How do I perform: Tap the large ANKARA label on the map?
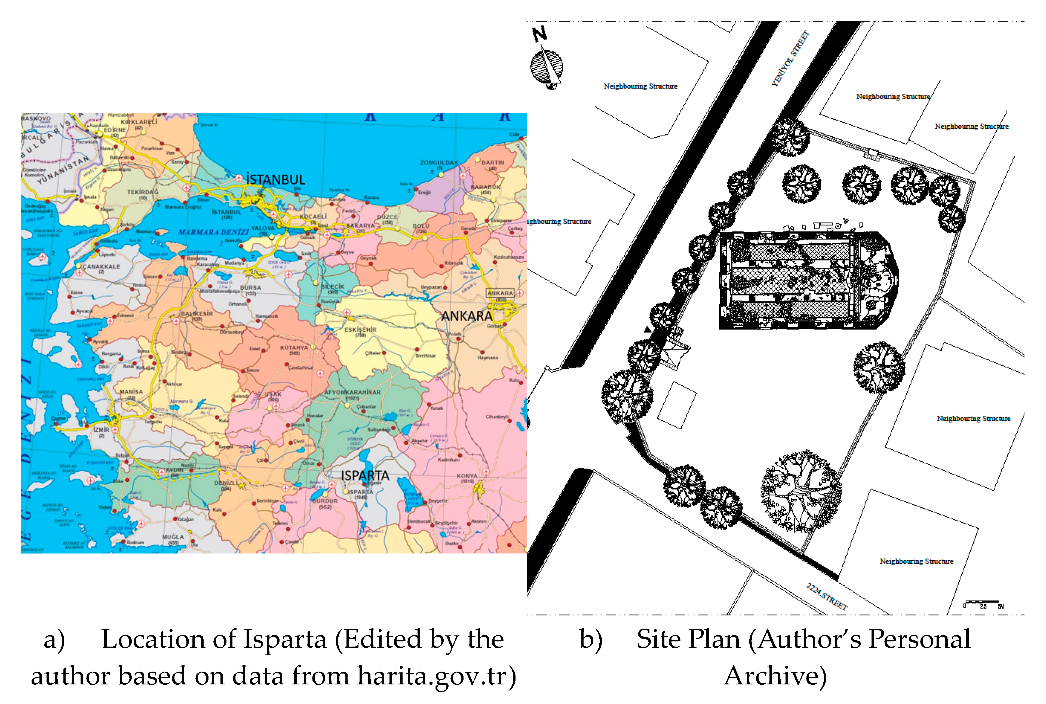pos(467,316)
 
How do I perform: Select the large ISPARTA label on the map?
pos(365,475)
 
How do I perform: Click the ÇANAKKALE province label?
pos(101,267)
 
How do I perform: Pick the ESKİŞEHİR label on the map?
pos(360,330)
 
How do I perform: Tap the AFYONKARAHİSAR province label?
pos(352,392)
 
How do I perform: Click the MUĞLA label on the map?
pos(173,537)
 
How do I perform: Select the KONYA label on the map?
pos(467,476)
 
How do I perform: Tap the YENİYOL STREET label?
pos(790,58)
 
